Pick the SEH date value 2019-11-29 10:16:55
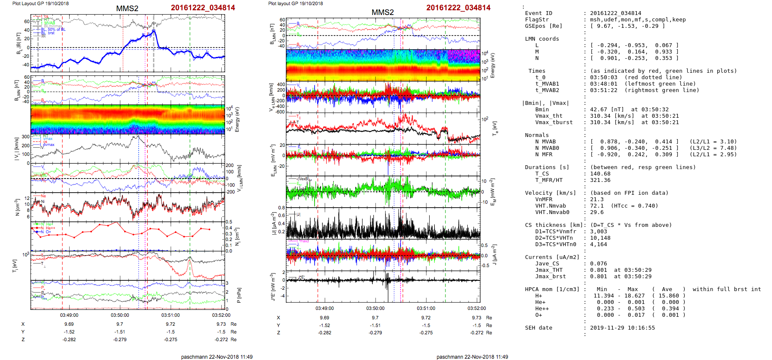coord(622,328)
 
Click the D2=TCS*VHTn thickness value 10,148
coord(600,238)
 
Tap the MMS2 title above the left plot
coord(127,9)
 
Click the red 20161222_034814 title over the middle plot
coord(458,8)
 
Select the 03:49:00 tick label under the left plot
coord(69,315)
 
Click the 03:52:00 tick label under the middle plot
coord(477,308)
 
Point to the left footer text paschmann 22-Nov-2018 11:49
coord(217,357)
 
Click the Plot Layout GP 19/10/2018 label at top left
coord(40,3)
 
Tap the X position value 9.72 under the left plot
coord(170,324)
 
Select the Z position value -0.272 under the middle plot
coord(477,333)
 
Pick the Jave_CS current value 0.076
coord(599,264)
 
